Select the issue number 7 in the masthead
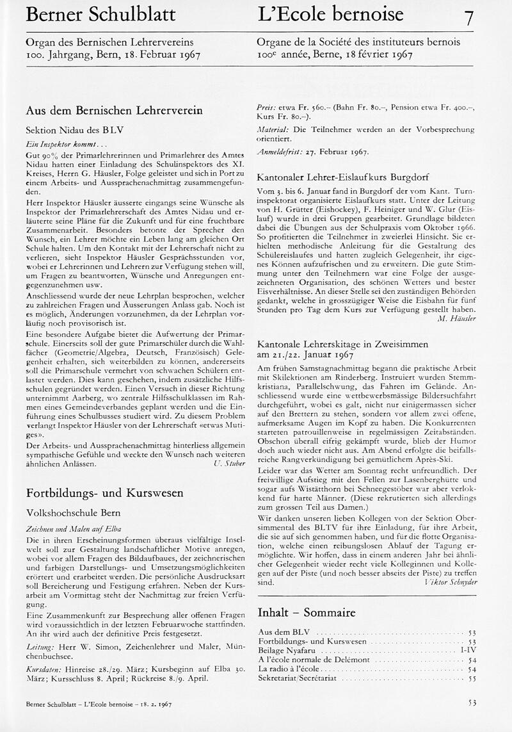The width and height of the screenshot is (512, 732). [469, 17]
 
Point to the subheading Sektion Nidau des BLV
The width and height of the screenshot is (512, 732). [74, 129]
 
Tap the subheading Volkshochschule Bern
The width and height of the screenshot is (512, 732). [73, 512]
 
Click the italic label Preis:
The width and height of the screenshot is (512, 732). [266, 108]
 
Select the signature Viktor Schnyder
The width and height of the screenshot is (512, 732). [451, 583]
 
